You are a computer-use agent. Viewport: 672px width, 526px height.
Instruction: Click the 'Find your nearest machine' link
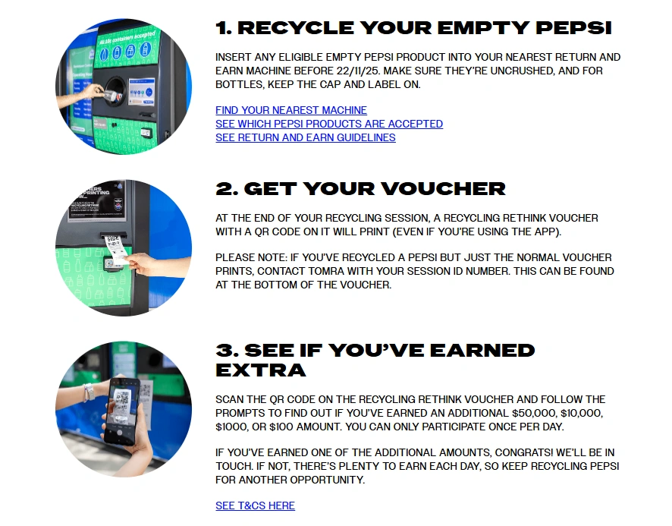pos(290,110)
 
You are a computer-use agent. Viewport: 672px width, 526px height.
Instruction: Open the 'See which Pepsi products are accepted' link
pos(328,124)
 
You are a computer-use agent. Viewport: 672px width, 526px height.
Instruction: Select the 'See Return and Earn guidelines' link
pos(305,137)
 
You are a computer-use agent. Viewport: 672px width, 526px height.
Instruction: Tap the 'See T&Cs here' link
pos(255,506)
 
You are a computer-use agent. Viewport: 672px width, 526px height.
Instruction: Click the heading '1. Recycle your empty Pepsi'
pos(413,29)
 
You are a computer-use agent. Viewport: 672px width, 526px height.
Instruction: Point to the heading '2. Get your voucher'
pos(360,189)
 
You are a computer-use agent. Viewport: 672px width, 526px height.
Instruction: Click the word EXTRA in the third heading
pos(261,370)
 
